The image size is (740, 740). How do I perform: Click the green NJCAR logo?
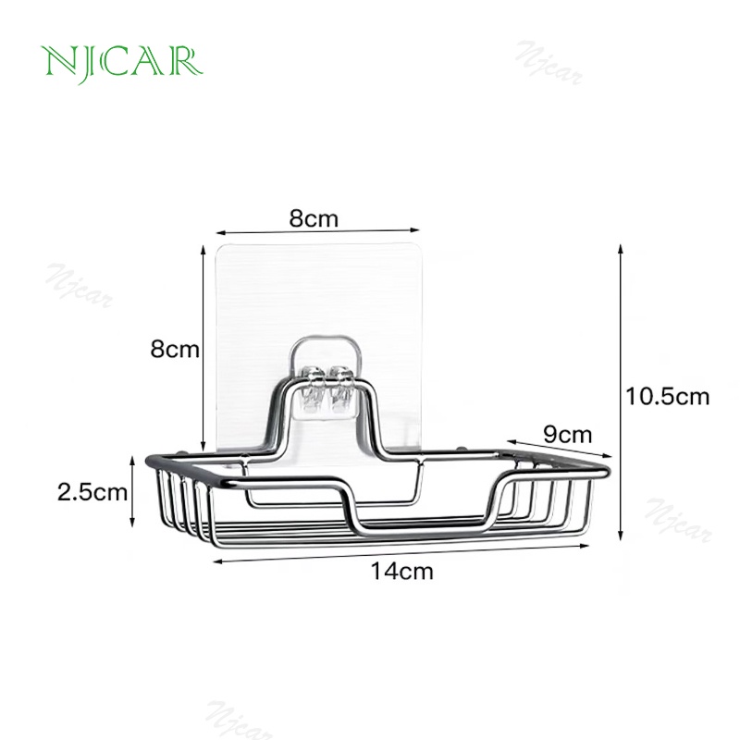coord(122,64)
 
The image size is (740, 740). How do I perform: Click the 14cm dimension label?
coord(401,572)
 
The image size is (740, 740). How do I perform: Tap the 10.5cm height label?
coord(667,397)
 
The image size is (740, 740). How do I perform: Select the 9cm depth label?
coord(567,435)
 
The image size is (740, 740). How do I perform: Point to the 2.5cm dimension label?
coord(92,492)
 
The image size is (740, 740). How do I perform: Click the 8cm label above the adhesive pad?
coord(314,219)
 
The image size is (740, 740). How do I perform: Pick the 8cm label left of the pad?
coord(175,350)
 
